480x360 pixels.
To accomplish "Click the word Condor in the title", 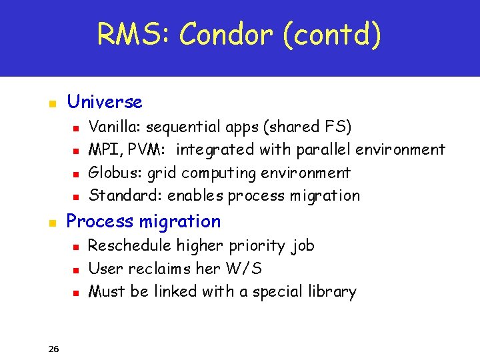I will click(226, 34).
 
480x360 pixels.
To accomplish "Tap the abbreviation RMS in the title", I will click(131, 34).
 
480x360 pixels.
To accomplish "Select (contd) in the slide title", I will click(331, 35).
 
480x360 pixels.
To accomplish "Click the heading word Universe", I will click(105, 102).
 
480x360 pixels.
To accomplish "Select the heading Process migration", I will click(143, 221).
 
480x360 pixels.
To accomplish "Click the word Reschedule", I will click(129, 245).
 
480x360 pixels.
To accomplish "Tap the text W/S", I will click(243, 269).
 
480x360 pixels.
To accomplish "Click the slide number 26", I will click(54, 349).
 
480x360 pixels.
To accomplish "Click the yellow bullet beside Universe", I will click(51, 104).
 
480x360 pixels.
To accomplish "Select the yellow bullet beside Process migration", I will click(51, 223).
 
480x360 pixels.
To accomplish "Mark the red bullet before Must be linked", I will click(76, 293).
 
